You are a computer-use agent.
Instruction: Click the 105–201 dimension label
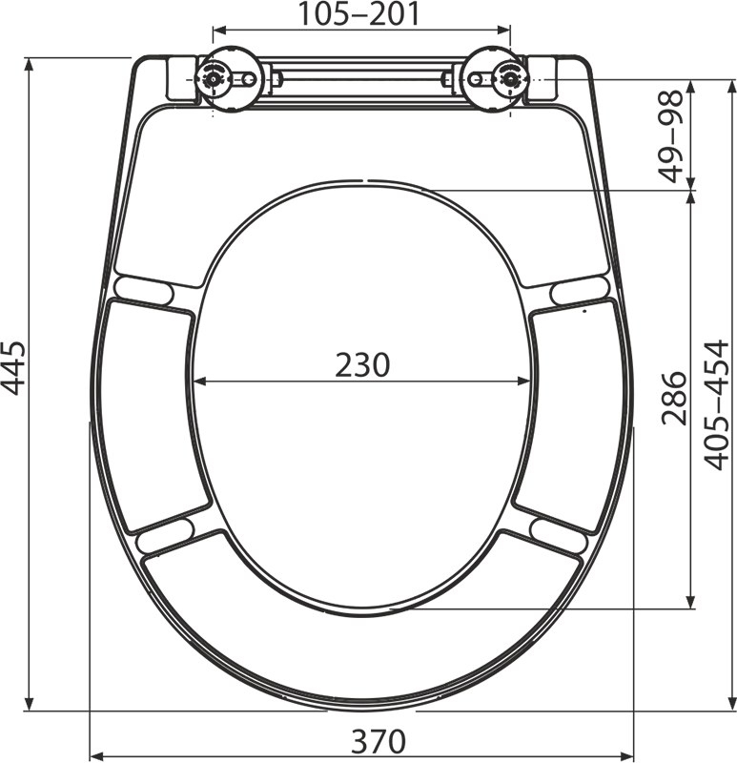coord(358,14)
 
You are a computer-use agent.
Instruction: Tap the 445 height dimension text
coord(13,368)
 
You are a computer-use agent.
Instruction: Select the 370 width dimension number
coord(379,741)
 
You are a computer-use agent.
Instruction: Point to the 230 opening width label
coord(362,365)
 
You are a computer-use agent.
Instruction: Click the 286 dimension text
coord(674,398)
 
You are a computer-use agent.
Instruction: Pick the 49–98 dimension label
coord(671,136)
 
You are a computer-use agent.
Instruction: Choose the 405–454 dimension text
coord(718,405)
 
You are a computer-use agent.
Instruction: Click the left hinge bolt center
coord(213,79)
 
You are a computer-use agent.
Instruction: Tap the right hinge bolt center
coord(510,79)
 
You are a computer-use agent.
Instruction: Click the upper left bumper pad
coord(145,291)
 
